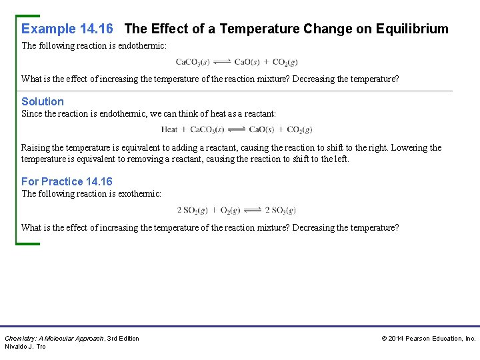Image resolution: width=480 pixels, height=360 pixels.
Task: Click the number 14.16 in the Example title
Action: tap(96, 29)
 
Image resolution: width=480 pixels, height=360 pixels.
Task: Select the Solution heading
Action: tap(43, 102)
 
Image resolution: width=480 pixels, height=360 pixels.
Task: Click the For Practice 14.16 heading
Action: tap(67, 182)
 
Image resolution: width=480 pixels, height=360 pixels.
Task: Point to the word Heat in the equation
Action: tap(169, 130)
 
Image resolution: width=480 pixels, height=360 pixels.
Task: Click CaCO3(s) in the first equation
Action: tap(193, 63)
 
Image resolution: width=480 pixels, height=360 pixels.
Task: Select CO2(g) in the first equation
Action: tap(285, 63)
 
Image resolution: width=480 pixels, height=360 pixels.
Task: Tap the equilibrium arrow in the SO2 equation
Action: tap(253, 210)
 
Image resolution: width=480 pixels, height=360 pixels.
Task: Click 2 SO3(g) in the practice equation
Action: tap(280, 211)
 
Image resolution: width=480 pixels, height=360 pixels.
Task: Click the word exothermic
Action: tap(139, 194)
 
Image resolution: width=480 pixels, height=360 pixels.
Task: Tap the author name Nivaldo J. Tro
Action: tap(25, 347)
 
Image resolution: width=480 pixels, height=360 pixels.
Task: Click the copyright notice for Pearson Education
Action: tap(429, 339)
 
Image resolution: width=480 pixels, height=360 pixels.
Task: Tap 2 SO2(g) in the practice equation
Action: tap(193, 211)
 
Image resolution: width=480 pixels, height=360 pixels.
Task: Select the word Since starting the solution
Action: tap(31, 114)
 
